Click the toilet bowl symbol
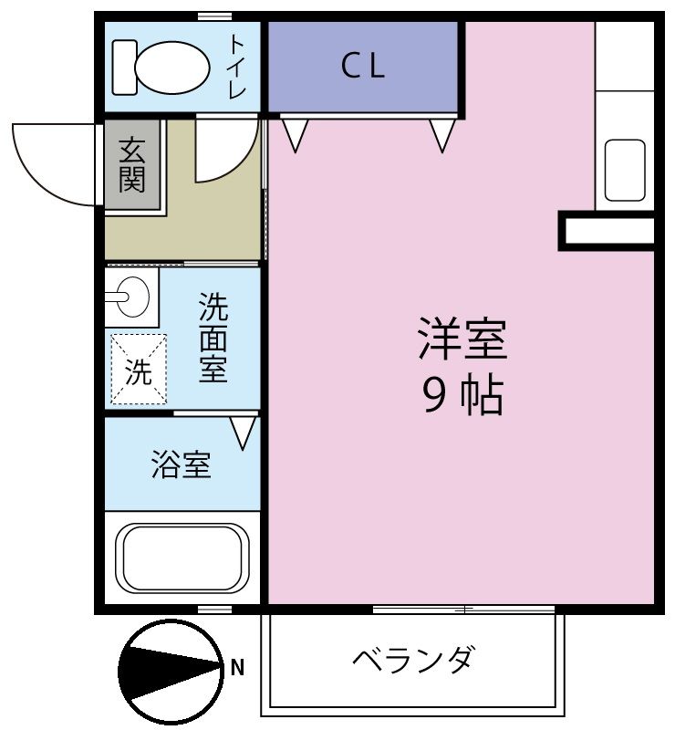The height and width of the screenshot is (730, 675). tap(161, 68)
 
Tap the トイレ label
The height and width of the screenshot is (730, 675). tap(237, 68)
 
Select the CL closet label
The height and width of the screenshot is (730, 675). tap(363, 66)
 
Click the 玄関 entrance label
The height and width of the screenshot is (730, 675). tap(132, 165)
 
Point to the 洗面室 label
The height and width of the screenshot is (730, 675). tap(213, 338)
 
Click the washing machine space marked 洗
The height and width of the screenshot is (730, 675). tap(139, 369)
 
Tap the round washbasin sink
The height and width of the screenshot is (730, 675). tap(132, 297)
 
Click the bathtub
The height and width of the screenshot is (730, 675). tap(182, 558)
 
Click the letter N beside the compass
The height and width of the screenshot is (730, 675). tap(237, 668)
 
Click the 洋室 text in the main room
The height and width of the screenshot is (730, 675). tap(462, 339)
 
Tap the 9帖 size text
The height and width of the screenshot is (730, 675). tap(462, 396)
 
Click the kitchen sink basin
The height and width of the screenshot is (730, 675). tap(625, 171)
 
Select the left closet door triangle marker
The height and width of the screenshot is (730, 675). tap(296, 135)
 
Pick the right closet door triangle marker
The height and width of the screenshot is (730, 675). tap(442, 135)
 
